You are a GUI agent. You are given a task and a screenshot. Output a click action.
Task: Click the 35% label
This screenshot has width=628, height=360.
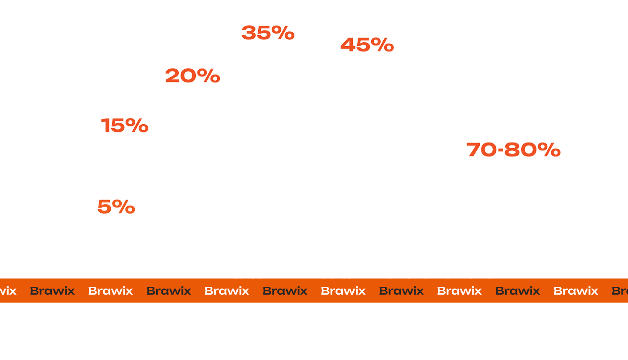tap(268, 33)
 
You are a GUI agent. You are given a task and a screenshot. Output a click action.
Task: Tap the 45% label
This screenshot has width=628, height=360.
tap(367, 45)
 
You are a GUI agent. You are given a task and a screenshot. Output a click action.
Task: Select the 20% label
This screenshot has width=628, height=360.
tap(193, 76)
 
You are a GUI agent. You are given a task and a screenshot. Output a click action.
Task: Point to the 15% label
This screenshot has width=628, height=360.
tap(124, 125)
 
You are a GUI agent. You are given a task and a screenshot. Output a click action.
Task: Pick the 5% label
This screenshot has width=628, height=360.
tap(116, 207)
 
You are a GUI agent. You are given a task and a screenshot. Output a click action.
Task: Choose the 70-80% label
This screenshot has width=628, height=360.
tap(513, 149)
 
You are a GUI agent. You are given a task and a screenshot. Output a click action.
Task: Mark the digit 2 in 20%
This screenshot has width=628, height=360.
tap(172, 76)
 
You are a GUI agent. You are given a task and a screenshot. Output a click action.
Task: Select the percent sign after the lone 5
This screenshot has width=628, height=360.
tap(123, 207)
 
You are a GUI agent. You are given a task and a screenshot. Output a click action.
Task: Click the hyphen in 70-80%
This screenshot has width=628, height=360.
tap(501, 150)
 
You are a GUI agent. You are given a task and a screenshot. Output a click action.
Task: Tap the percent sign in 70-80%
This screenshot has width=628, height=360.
tap(549, 149)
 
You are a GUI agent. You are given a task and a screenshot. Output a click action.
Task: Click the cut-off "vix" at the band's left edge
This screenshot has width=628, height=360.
tap(8, 291)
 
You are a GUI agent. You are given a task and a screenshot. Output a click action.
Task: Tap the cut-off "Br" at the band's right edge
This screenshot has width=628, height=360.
tap(620, 291)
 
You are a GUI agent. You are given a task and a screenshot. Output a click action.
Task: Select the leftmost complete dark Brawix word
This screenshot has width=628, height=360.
tap(52, 291)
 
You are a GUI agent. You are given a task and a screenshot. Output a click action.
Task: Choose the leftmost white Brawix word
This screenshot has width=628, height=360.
tap(110, 291)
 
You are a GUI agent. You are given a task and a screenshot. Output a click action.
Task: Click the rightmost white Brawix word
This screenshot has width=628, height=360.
tap(576, 291)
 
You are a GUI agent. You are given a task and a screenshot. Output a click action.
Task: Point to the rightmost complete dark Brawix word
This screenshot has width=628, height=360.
tap(518, 291)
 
